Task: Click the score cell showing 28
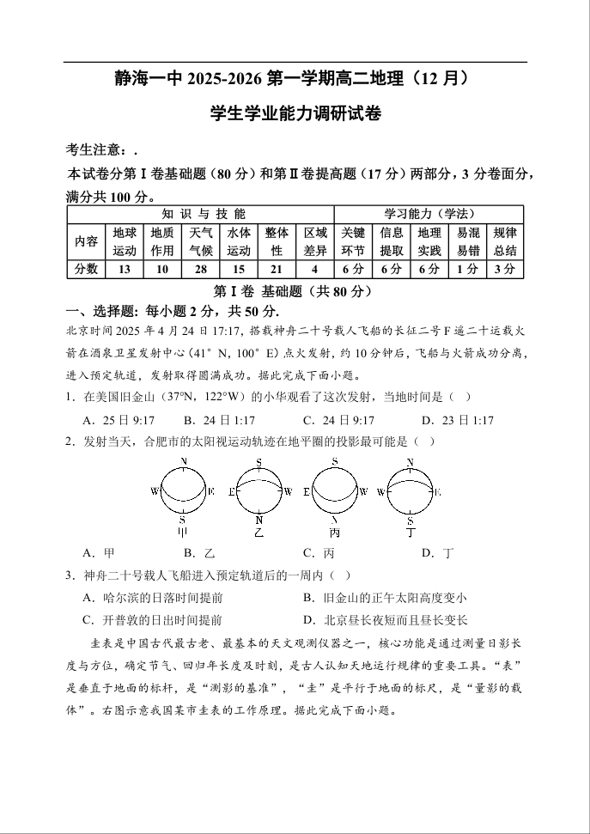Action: pyautogui.click(x=200, y=270)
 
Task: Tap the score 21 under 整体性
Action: pyautogui.click(x=277, y=270)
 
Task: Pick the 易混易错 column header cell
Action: pyautogui.click(x=468, y=241)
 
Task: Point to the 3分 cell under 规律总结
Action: pyautogui.click(x=505, y=270)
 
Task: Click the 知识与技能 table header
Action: pyautogui.click(x=200, y=214)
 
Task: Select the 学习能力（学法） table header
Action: pyautogui.click(x=429, y=214)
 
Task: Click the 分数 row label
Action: pyautogui.click(x=86, y=270)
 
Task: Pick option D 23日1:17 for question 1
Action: pyautogui.click(x=457, y=420)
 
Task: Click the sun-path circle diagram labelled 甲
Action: pyautogui.click(x=184, y=491)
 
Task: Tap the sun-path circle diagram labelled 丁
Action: pyautogui.click(x=410, y=491)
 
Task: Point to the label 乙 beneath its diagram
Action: pyautogui.click(x=259, y=533)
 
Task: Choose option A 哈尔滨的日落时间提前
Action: pyautogui.click(x=152, y=598)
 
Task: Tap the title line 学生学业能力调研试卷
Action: pyautogui.click(x=295, y=113)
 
